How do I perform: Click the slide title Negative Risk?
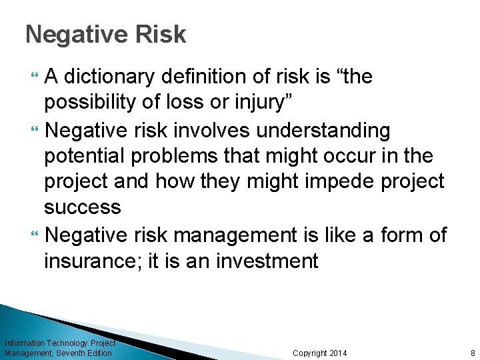pos(105,35)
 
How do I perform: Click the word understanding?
pos(323,130)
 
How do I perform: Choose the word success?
pos(83,208)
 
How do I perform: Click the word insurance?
pos(91,260)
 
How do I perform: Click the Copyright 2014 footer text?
pos(320,353)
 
